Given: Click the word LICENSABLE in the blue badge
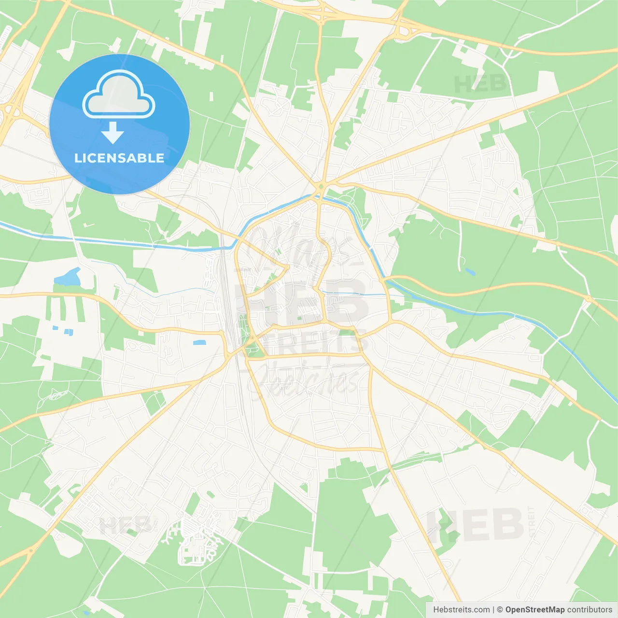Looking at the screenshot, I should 119,158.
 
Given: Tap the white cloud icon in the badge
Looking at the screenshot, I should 119,95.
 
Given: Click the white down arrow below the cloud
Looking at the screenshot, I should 112,133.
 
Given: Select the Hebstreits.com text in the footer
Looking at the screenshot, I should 461,610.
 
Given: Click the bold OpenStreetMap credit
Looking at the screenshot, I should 534,610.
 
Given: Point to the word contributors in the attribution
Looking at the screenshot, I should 590,610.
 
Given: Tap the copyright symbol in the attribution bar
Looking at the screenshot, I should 500,610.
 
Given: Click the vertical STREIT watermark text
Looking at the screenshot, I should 532,521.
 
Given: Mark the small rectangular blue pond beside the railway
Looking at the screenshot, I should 199,343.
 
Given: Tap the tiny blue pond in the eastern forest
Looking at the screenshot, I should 470,272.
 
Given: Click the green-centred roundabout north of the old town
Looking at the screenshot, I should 321,187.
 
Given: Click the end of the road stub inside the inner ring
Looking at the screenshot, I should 288,266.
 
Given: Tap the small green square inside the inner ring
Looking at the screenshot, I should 273,277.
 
